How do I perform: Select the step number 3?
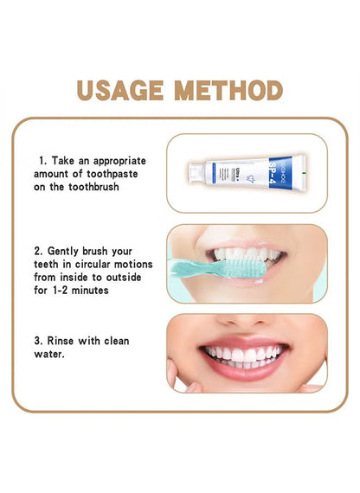[x=42, y=341]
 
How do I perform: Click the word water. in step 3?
[x=52, y=354]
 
